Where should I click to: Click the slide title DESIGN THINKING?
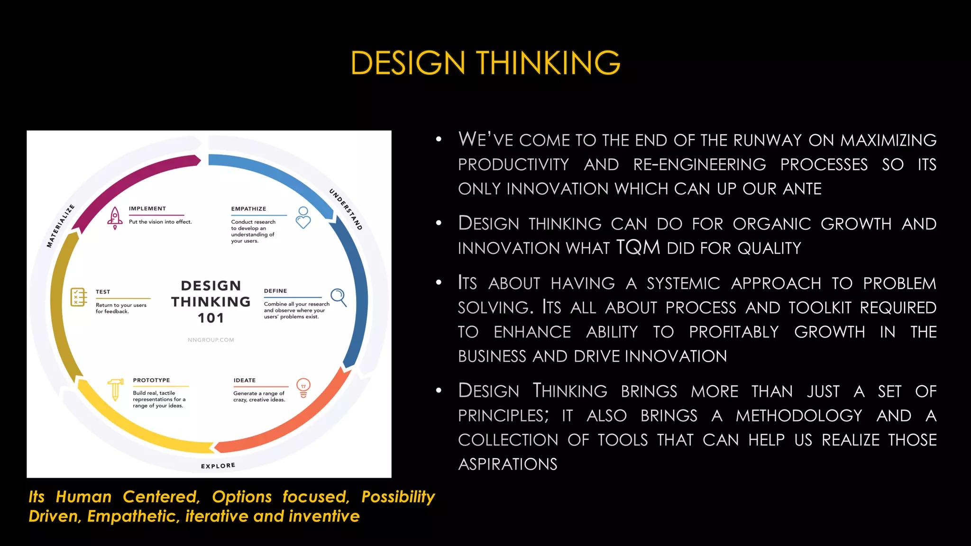485,63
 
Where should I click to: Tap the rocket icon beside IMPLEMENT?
115,218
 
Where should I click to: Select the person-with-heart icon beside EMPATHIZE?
303,218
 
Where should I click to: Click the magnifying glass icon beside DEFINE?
339,297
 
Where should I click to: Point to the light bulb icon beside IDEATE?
303,387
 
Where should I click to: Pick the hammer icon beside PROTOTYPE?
115,389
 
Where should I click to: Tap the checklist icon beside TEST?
79,297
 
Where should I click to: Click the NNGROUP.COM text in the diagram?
211,340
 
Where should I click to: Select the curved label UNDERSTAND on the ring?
346,209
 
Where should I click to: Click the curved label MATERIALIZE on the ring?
60,226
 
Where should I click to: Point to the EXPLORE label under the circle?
218,466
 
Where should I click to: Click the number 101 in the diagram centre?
211,318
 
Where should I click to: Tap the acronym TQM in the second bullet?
638,247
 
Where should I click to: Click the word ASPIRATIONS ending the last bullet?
507,464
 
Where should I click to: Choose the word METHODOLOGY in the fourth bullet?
798,416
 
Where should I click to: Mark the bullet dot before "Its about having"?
439,283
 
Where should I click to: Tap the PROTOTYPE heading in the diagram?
151,380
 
